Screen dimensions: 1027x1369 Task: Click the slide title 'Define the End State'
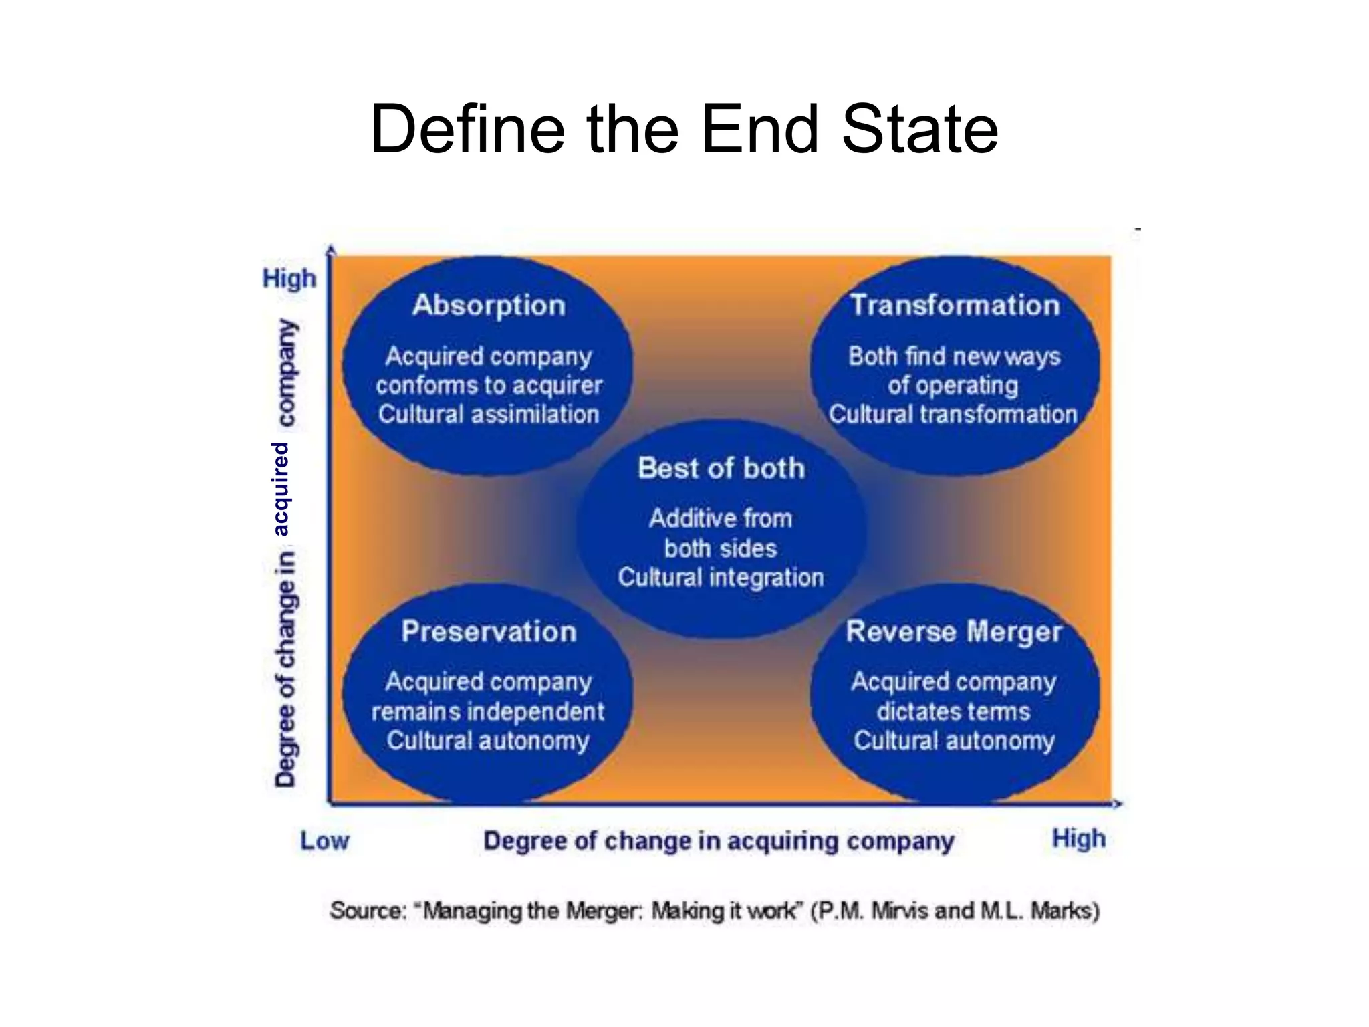pos(684,128)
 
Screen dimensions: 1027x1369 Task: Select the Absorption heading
pos(489,306)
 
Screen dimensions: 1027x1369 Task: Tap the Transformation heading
pos(955,306)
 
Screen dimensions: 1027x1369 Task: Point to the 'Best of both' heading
pos(721,468)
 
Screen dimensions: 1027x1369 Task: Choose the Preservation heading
pos(489,631)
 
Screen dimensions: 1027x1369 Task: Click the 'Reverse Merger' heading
pos(954,632)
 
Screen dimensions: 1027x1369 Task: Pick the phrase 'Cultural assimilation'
pos(489,415)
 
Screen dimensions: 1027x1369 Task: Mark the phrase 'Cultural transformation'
pos(953,415)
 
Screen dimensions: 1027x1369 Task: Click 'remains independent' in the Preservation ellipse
pos(488,711)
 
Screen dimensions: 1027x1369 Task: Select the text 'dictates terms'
pos(954,711)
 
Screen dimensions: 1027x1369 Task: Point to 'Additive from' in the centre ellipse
pos(721,519)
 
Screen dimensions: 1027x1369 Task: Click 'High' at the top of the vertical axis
pos(289,278)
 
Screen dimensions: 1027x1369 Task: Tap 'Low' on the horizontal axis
pos(324,841)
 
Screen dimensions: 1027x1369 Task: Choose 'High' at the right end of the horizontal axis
pos(1079,839)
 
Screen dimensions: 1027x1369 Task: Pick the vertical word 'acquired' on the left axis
pos(281,489)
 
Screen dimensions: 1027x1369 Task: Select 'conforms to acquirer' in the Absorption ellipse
pos(489,386)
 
